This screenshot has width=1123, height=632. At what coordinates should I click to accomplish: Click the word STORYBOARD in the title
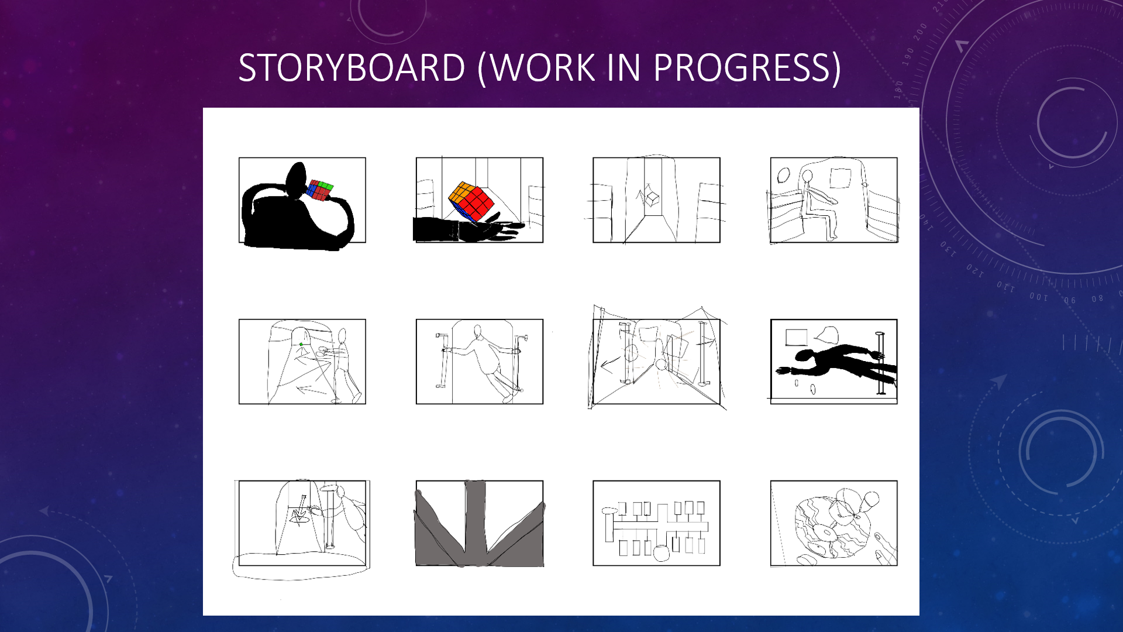click(x=352, y=68)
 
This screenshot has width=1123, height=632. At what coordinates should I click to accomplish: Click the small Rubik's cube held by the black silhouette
click(x=319, y=190)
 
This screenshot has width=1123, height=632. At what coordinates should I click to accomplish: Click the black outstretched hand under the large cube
click(x=491, y=229)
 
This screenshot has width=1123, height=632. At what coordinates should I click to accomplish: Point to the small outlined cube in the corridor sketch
click(x=652, y=199)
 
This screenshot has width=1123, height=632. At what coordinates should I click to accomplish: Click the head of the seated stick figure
click(x=807, y=176)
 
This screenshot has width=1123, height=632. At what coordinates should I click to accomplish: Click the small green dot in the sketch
click(x=301, y=344)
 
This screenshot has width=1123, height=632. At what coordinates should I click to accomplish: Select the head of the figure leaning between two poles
click(x=478, y=332)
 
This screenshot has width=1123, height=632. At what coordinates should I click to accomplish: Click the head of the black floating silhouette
click(x=805, y=356)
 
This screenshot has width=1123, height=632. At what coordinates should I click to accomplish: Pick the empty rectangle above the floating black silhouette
click(x=796, y=338)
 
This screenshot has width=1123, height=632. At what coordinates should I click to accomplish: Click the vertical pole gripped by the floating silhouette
click(x=880, y=363)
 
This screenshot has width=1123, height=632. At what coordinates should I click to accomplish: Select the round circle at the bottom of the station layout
click(x=660, y=553)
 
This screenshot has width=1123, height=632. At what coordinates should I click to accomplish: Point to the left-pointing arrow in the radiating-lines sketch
click(x=608, y=366)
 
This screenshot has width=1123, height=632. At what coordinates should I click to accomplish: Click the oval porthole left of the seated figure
click(x=783, y=174)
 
